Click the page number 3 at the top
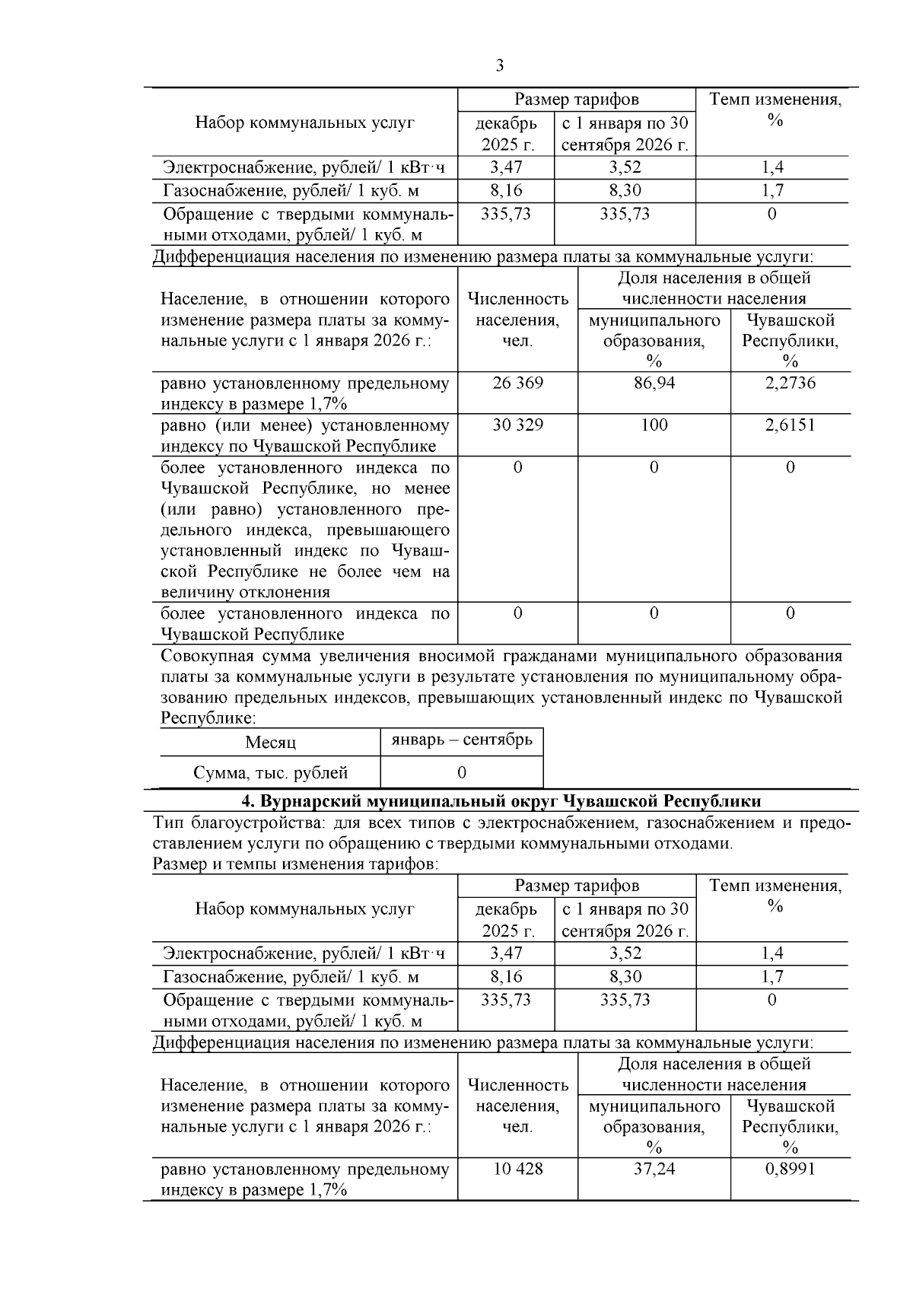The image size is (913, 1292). pos(499,66)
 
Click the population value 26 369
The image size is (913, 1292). pos(517,383)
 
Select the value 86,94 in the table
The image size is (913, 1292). pos(654,383)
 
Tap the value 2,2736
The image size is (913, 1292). pos(790,383)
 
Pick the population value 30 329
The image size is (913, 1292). pos(517,425)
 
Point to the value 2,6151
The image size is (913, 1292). pos(790,425)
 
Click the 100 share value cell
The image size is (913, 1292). pos(654,425)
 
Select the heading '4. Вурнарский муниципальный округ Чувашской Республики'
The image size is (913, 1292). pos(501,801)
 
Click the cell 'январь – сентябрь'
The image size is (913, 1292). pos(461,740)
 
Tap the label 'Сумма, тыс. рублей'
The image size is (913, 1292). pos(270,773)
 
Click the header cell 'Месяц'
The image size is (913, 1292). pos(270,743)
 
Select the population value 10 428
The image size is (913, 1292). pos(517,1169)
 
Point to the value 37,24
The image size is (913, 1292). pos(654,1169)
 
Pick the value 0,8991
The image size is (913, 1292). pos(790,1169)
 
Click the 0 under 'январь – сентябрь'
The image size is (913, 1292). pos(461,773)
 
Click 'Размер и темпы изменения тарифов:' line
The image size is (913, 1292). pos(295,864)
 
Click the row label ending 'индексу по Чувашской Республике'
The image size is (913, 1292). pos(304,435)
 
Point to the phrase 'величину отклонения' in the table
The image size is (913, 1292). pos(245,592)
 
